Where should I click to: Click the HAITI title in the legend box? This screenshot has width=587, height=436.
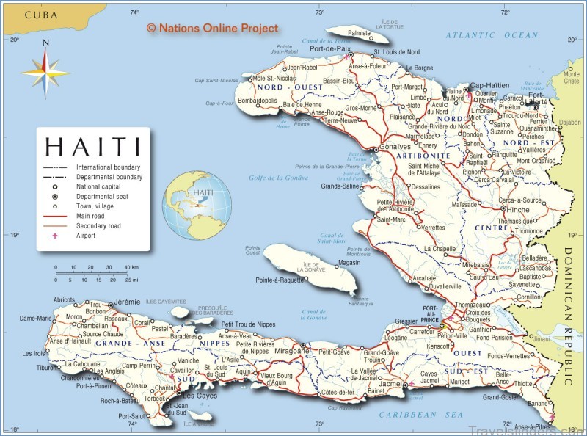(93, 146)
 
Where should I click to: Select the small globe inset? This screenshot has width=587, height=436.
(197, 205)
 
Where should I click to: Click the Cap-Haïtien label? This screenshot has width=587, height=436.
(489, 85)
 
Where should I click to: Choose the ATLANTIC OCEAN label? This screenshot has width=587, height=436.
(492, 35)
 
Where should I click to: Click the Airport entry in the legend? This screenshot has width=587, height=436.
(86, 236)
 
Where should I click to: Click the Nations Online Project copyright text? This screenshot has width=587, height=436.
(213, 28)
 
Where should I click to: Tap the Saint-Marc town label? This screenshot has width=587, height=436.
(390, 219)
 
